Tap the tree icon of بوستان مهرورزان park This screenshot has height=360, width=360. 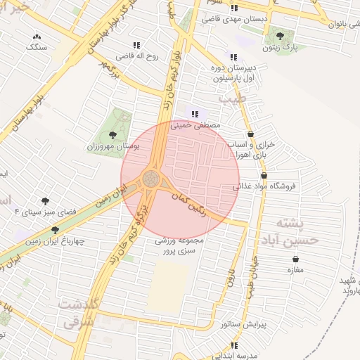pyautogui.click(x=112, y=134)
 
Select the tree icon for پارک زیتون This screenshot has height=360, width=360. pyautogui.click(x=280, y=36)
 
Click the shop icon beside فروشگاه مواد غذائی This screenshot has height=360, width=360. pyautogui.click(x=264, y=176)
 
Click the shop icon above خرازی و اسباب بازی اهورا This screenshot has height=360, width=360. pyautogui.click(x=251, y=134)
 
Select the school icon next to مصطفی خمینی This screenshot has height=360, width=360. pyautogui.click(x=195, y=113)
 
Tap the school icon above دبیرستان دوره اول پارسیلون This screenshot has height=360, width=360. pyautogui.click(x=233, y=57)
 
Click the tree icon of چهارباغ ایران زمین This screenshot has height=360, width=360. pyautogui.click(x=55, y=230)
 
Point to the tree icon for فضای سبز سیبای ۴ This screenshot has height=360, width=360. pyautogui.click(x=46, y=200)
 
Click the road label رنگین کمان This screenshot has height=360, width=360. pyautogui.click(x=191, y=204)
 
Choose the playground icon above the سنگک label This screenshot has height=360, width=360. pyautogui.click(x=36, y=37)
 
